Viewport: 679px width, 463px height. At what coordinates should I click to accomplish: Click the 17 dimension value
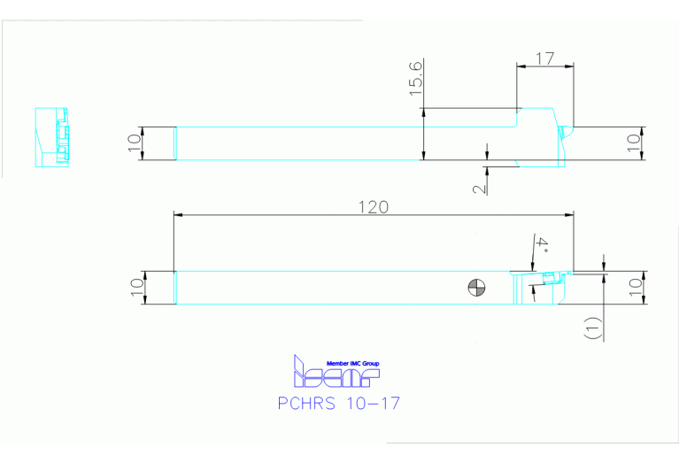pos(545,58)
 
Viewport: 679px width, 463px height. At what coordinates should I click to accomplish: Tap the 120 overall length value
pos(373,207)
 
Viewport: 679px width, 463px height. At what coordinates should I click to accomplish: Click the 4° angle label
pos(541,245)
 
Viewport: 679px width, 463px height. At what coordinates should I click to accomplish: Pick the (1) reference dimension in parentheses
pos(592,328)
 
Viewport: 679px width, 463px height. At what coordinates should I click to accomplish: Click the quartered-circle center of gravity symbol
pos(476,287)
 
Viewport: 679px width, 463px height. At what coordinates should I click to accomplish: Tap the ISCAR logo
pos(336,376)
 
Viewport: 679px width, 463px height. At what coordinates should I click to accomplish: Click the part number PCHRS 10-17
pos(339,404)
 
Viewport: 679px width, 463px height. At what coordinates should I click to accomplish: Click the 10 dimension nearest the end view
pos(135,143)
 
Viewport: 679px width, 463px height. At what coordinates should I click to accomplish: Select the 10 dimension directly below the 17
pos(632,143)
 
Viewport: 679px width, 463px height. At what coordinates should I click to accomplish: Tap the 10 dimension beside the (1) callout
pos(632,288)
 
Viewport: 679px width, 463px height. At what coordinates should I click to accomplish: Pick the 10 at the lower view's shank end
pos(135,288)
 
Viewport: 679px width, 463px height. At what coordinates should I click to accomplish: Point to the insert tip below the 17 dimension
pos(564,132)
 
